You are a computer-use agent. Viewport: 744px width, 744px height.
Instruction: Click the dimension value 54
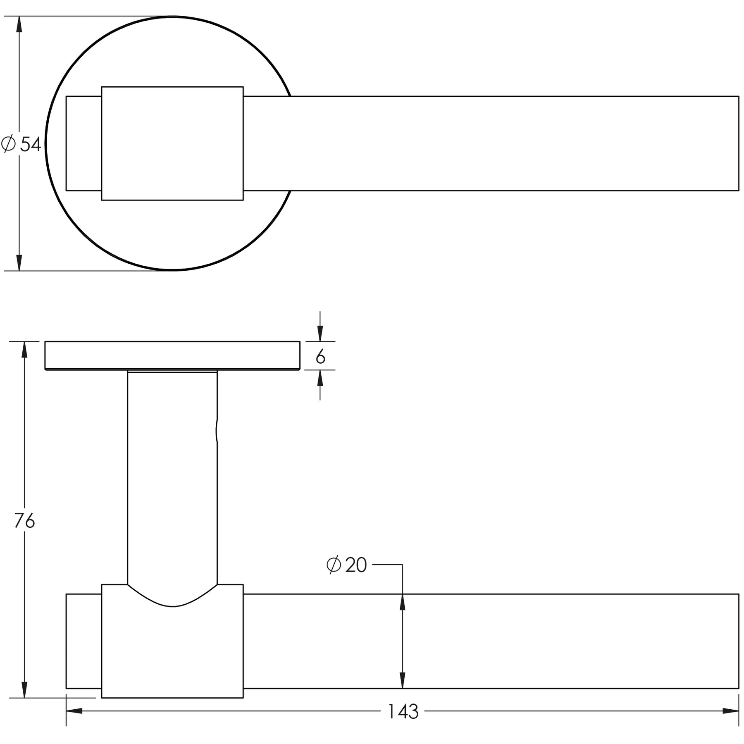[x=31, y=144]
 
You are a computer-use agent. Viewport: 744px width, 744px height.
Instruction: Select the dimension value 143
[x=403, y=712]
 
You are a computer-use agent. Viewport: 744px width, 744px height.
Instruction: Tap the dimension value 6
[x=320, y=357]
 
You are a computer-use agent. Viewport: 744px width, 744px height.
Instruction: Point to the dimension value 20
[x=356, y=565]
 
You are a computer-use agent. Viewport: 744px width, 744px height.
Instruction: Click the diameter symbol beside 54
[x=8, y=144]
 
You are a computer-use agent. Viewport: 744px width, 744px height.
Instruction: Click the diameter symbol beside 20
[x=334, y=565]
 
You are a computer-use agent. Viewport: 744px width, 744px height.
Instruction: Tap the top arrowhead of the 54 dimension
[x=19, y=24]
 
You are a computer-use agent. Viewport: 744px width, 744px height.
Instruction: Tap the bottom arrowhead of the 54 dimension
[x=19, y=263]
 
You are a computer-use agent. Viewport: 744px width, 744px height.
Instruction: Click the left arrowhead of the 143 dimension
[x=74, y=711]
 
